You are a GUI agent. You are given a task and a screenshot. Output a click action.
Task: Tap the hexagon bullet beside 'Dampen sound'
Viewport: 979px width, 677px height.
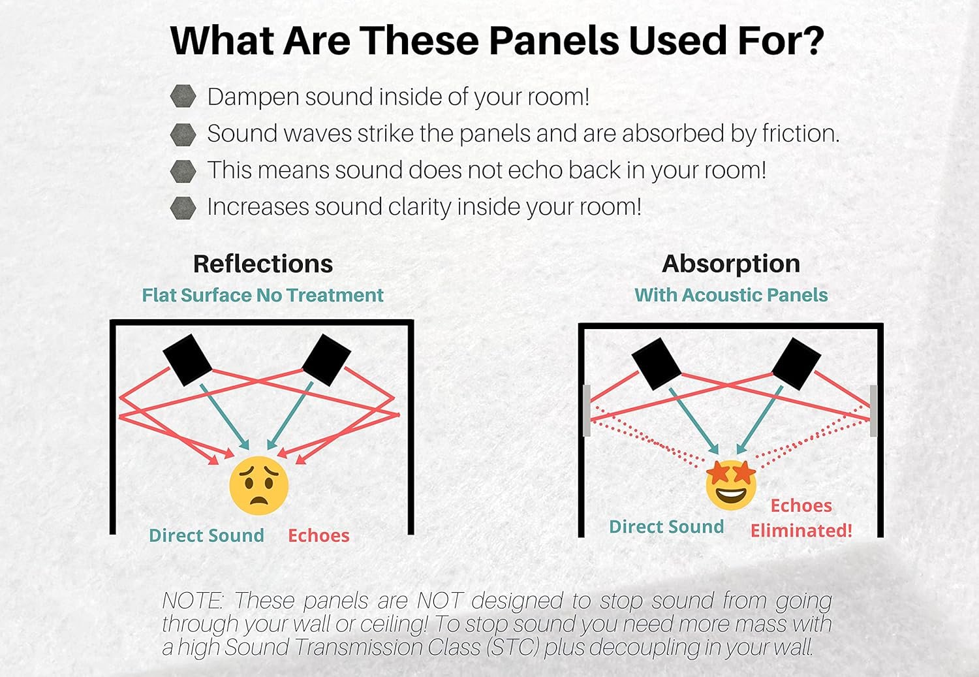[183, 96]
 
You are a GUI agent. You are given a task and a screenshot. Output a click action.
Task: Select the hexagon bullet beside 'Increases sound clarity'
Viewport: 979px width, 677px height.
[183, 208]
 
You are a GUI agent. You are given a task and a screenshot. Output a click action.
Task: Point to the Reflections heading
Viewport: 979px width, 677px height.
[263, 264]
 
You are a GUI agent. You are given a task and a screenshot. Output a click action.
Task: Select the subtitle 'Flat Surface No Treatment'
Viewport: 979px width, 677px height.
[262, 295]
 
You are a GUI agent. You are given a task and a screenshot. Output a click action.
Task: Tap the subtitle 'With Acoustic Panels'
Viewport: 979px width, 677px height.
[731, 295]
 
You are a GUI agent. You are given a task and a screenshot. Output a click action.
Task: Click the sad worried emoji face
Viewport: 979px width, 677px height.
[258, 486]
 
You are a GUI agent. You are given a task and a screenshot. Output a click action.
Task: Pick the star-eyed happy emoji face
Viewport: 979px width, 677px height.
[731, 484]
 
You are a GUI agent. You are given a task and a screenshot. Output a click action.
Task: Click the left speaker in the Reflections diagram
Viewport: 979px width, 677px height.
[187, 360]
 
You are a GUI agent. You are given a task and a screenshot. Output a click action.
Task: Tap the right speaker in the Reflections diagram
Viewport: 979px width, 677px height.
[326, 360]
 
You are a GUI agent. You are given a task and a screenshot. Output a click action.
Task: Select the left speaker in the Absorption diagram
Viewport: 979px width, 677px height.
[657, 364]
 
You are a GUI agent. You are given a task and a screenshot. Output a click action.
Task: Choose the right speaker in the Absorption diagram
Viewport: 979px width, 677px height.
[796, 364]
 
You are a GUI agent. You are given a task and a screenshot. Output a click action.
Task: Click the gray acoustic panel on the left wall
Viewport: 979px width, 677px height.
[587, 411]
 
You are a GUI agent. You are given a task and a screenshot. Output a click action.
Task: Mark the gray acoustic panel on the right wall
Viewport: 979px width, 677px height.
[873, 411]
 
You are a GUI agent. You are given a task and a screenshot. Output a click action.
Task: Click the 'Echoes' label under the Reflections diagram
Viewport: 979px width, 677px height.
[319, 536]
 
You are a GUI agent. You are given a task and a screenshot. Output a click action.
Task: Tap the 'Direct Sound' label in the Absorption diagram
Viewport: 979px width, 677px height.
[666, 527]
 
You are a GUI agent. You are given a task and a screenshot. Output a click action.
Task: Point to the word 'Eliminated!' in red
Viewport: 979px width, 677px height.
[801, 531]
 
